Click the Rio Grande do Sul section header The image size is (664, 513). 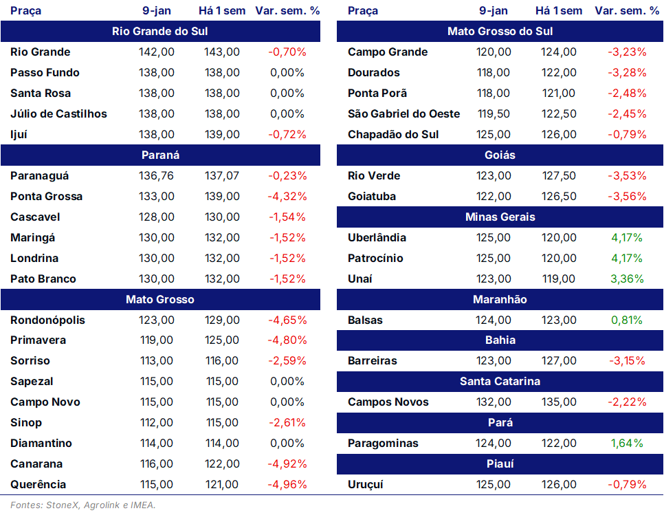coord(160,32)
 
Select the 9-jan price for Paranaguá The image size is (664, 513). coord(156,176)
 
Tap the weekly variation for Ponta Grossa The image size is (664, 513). coord(287,197)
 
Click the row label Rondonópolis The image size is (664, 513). coord(48,320)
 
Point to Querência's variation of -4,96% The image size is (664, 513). coord(287,485)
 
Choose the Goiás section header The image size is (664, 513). coord(500,155)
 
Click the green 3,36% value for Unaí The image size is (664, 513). coord(627,279)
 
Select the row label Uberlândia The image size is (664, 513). coord(377,238)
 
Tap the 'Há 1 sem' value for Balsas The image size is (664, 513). coord(559,320)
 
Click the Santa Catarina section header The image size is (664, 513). coord(500,381)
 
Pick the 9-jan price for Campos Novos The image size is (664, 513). coord(494,402)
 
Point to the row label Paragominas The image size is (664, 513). coord(383,444)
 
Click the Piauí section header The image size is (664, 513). coord(500,464)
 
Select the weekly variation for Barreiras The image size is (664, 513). coord(627,361)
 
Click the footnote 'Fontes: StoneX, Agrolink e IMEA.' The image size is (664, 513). coord(83,505)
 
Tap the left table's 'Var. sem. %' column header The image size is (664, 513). coord(287,10)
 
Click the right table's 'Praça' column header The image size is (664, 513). coord(363,11)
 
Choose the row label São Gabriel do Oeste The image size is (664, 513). coord(403,114)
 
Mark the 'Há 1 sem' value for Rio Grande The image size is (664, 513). coord(222,52)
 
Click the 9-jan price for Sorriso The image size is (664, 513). coord(156,361)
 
